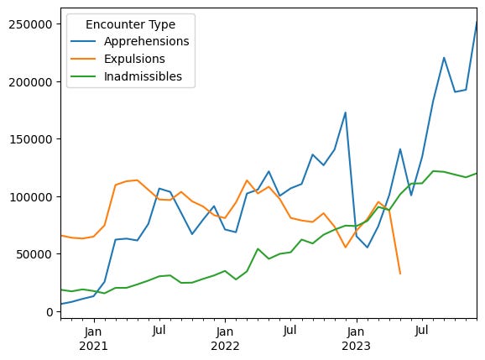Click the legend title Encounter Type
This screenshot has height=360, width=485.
130,24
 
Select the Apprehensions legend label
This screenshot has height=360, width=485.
146,41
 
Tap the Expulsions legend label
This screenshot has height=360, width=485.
134,59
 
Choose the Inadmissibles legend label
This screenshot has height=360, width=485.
143,76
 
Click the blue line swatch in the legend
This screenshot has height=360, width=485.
83,41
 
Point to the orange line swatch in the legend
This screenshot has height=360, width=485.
83,59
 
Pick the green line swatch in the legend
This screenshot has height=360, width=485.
83,76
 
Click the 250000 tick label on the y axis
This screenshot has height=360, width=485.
30,24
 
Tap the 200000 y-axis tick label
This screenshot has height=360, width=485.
30,82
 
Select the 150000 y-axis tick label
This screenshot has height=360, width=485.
31,139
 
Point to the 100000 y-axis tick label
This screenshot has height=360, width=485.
31,197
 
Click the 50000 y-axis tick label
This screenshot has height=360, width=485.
34,254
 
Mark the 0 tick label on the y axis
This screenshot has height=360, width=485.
50,312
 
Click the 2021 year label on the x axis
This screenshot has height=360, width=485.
93,346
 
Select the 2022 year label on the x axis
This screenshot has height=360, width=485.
225,346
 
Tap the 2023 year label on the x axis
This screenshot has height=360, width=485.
356,346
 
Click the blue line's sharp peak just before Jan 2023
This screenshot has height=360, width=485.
345,112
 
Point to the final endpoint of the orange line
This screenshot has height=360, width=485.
400,274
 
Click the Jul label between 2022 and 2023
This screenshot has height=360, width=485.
289,331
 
